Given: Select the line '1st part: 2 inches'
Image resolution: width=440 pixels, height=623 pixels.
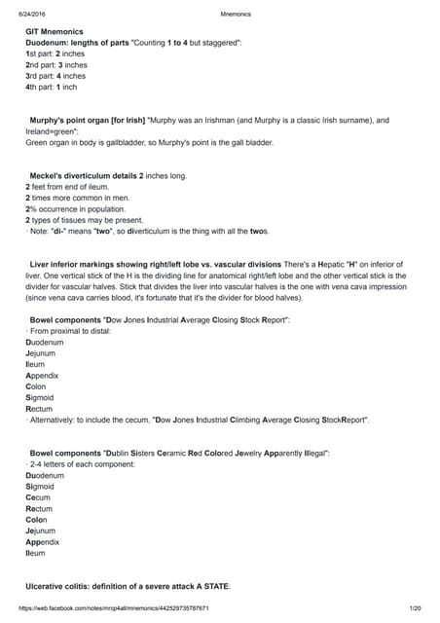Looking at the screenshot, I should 55,55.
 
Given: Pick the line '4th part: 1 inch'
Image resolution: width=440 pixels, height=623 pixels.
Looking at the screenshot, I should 53,86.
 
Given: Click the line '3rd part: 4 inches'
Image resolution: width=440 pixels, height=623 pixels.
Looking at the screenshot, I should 55,75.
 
